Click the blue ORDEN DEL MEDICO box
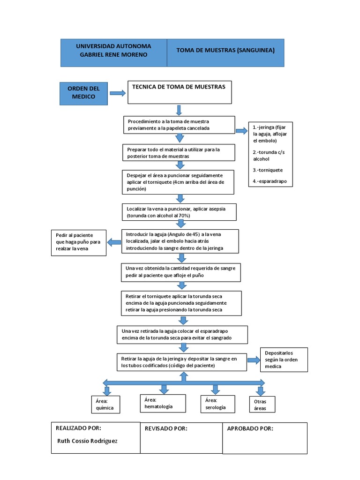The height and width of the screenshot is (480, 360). tap(84, 93)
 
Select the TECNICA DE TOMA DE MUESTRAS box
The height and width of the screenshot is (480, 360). tap(180, 92)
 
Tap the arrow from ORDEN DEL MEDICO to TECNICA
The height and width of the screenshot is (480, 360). tap(118, 93)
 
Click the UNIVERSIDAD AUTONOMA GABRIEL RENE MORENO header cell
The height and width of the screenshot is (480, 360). tap(113, 52)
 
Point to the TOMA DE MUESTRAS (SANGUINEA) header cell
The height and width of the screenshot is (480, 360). tap(225, 52)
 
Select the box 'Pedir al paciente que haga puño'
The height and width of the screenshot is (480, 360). tap(78, 242)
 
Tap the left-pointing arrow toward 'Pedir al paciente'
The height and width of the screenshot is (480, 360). tap(114, 242)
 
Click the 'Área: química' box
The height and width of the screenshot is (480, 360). tap(105, 405)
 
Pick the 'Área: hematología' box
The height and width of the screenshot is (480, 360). tap(159, 403)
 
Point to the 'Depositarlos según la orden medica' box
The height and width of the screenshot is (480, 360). tap(284, 359)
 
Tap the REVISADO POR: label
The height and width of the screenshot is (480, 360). tap(166, 428)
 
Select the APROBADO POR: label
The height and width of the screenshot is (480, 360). tap(250, 428)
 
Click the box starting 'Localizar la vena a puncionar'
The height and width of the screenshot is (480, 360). tap(179, 212)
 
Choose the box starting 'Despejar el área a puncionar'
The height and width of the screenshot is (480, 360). tap(178, 182)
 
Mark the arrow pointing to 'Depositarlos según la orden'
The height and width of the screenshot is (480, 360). tap(254, 360)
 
